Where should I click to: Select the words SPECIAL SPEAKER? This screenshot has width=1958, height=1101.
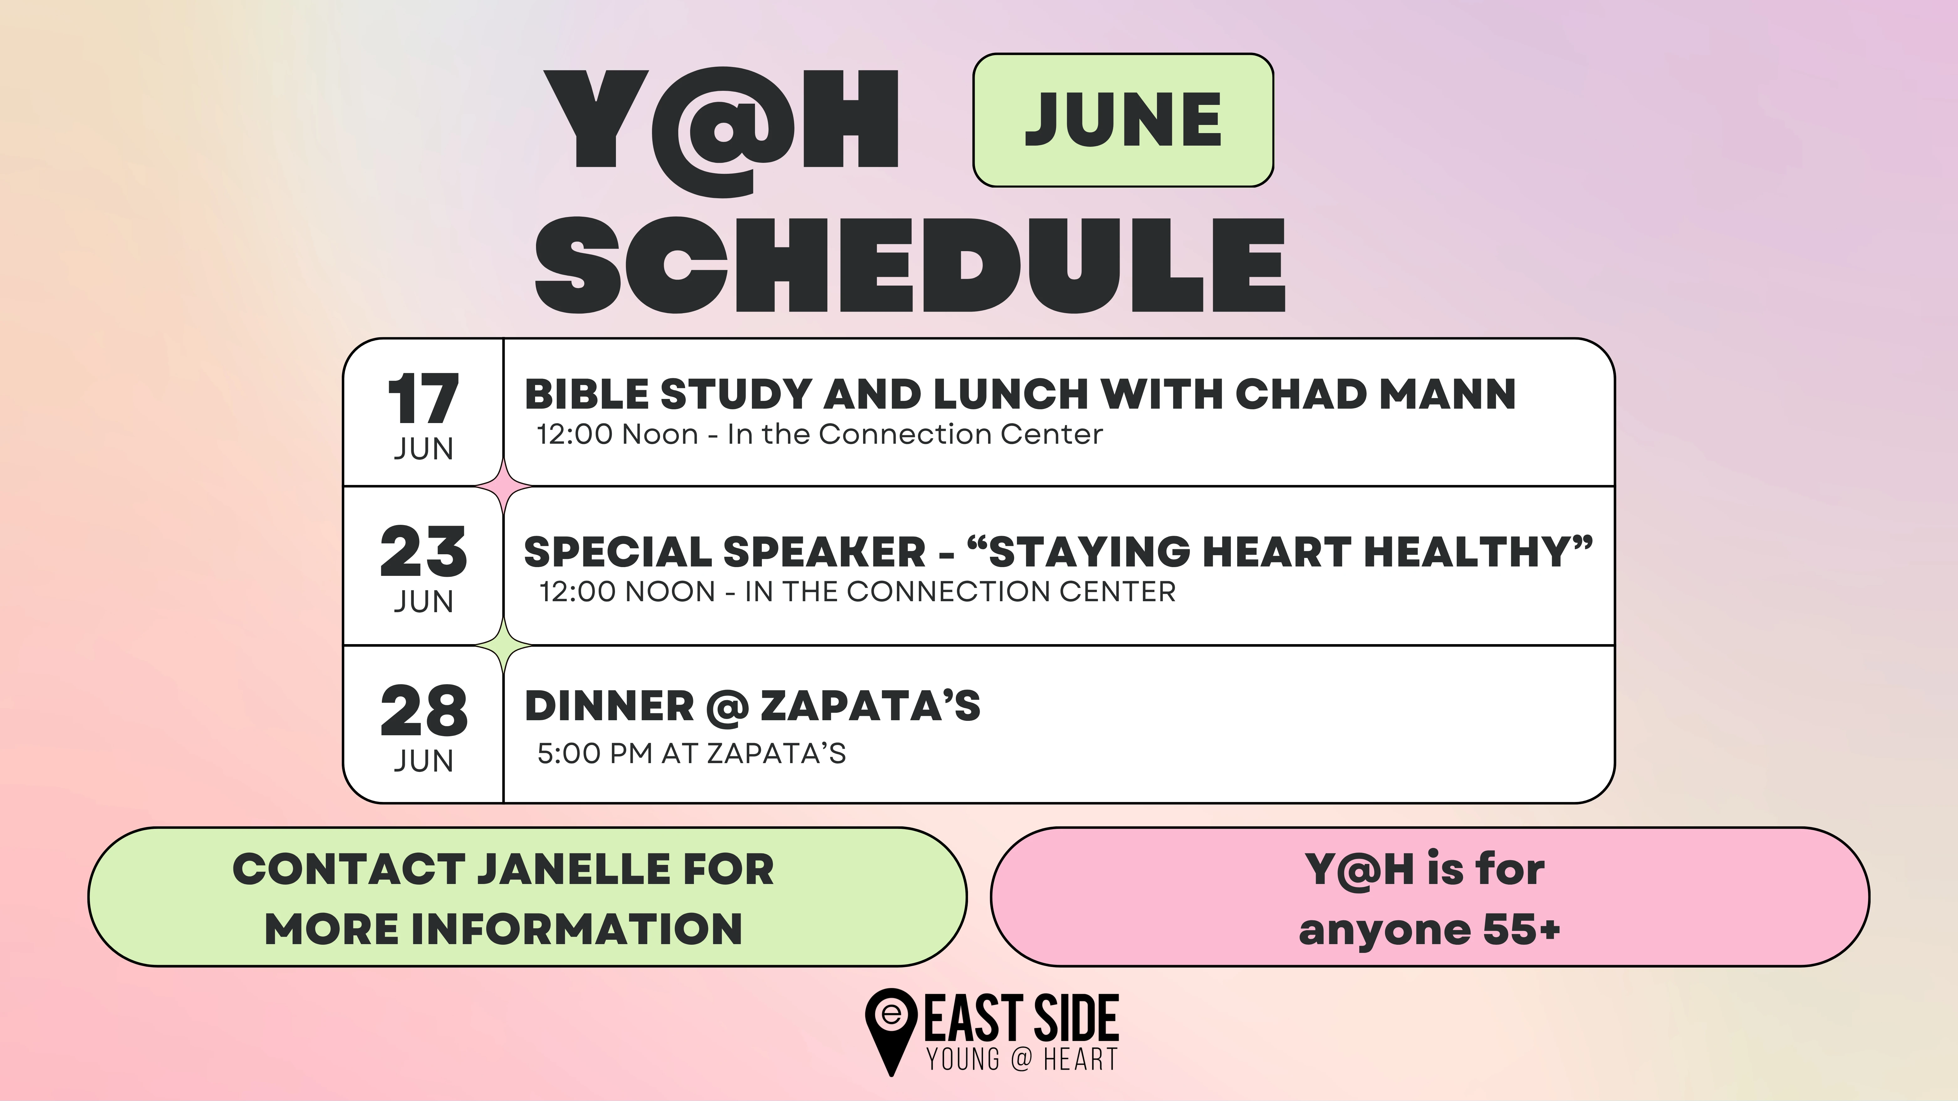click(x=725, y=552)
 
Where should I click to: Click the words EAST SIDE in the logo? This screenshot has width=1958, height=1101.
click(x=1022, y=1018)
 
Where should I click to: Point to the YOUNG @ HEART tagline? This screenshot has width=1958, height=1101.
click(x=1022, y=1058)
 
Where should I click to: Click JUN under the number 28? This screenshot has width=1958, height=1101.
click(x=423, y=761)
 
